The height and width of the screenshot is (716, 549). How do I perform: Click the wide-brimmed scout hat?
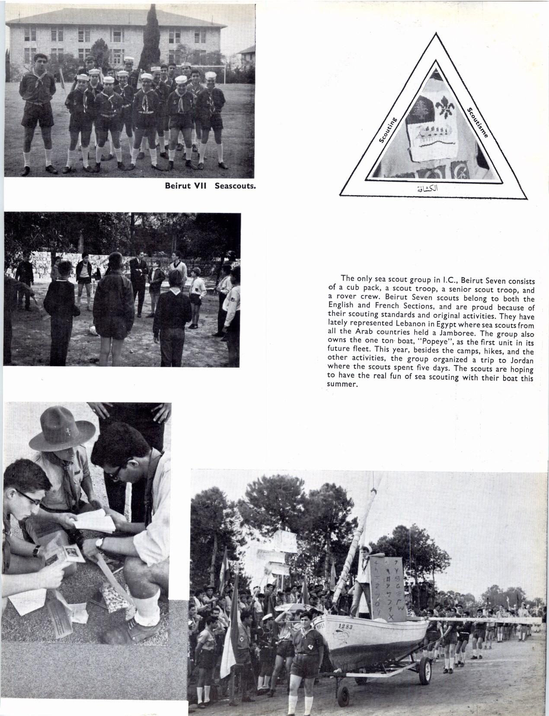(x=63, y=430)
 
